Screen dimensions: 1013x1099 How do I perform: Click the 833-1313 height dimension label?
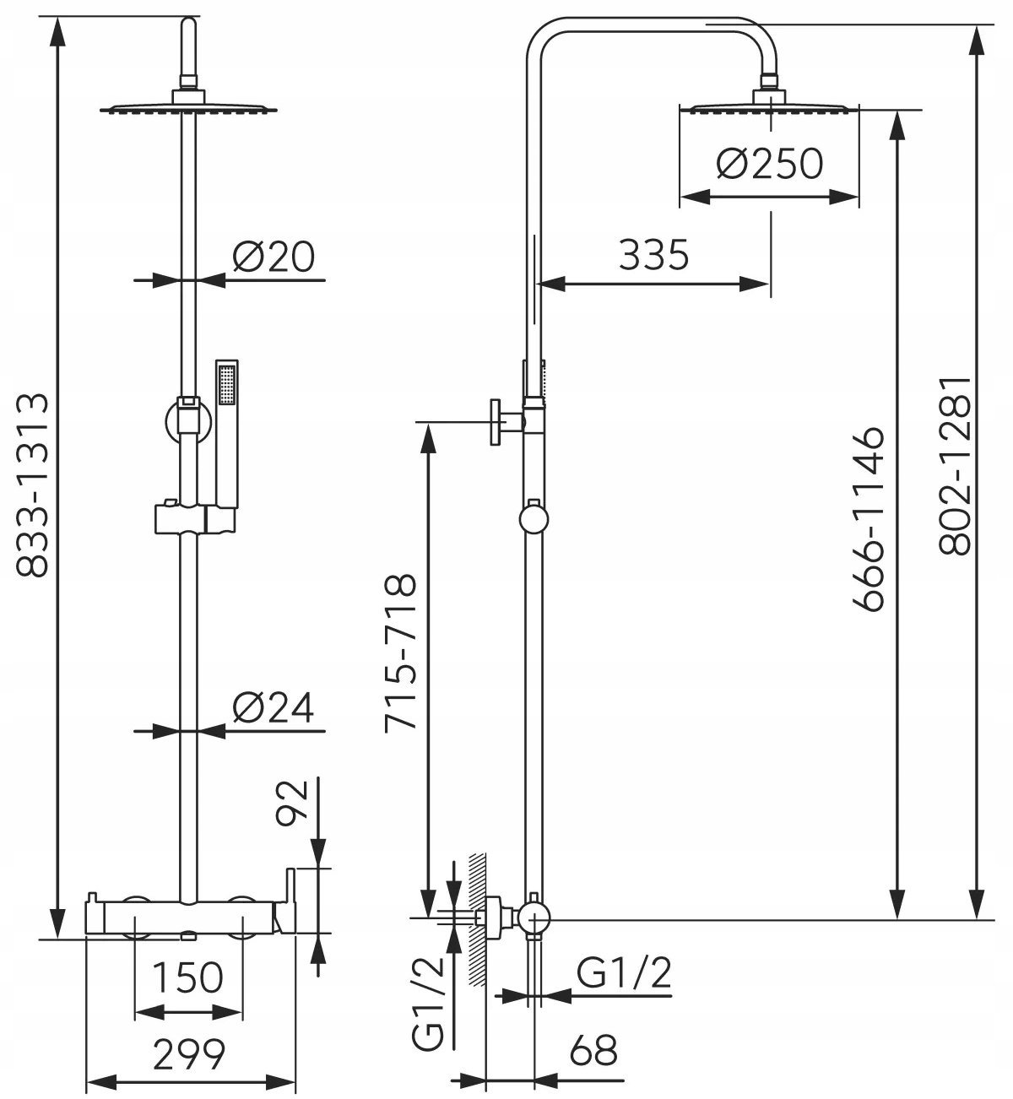[32, 484]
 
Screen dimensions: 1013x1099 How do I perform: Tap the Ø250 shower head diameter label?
[769, 163]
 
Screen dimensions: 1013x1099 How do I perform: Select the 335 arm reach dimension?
[653, 254]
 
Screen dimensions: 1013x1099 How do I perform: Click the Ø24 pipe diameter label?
[273, 707]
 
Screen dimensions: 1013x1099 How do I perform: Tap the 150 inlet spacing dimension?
[187, 977]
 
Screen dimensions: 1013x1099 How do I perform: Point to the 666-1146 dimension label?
[869, 519]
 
